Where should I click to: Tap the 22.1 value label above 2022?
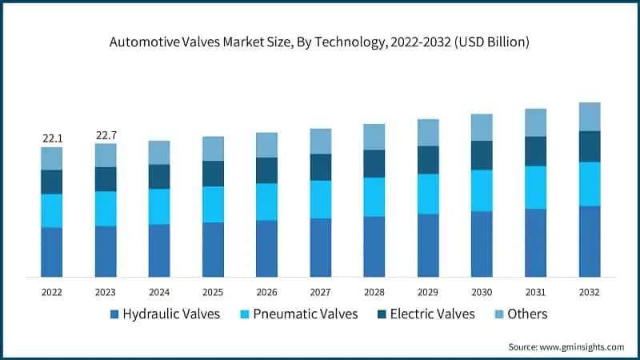[x=52, y=138]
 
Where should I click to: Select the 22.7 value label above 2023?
[x=106, y=135]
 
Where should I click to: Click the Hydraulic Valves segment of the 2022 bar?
[x=52, y=252]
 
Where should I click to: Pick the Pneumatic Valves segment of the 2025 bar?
[x=213, y=204]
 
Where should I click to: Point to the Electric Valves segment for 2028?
[x=374, y=163]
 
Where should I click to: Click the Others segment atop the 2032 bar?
[x=590, y=117]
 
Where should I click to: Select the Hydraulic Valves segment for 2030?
[x=482, y=244]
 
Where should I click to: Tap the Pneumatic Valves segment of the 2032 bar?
[x=590, y=184]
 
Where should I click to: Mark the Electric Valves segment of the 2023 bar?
[x=106, y=179]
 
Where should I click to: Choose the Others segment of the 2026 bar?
[x=266, y=145]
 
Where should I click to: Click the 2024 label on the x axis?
[x=159, y=292]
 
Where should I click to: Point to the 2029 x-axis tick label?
[x=428, y=292]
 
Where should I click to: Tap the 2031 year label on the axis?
[x=535, y=292]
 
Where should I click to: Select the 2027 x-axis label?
[x=320, y=292]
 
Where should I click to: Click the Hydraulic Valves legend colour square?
[x=114, y=314]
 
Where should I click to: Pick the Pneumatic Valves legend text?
[x=305, y=314]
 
